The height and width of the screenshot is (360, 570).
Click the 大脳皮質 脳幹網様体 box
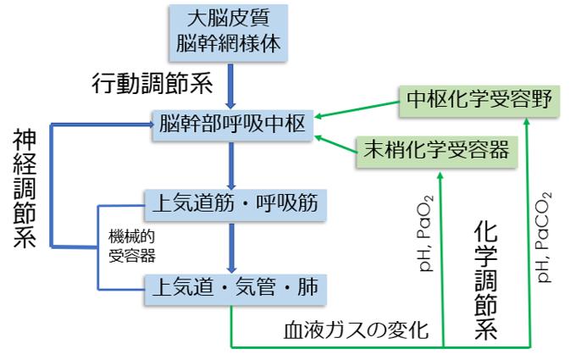(230, 32)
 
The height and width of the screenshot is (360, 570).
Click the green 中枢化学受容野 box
(479, 100)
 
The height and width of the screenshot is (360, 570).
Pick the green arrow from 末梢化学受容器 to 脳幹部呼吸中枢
(334, 141)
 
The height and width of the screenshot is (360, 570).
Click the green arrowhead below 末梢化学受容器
(441, 174)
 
